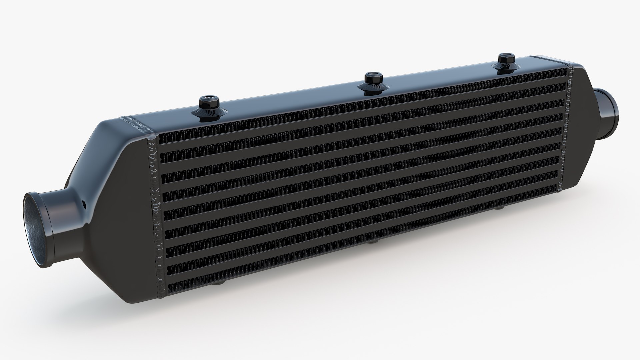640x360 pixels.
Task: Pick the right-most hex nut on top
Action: [x=505, y=59]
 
